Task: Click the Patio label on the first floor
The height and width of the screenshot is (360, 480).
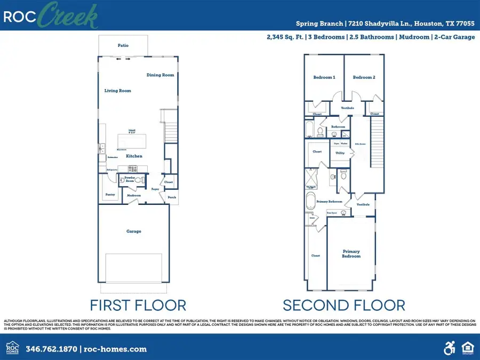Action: click(123, 46)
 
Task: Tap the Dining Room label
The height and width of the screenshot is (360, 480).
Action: click(161, 75)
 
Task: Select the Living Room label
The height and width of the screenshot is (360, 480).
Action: click(118, 91)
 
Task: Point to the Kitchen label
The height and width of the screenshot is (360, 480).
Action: click(134, 156)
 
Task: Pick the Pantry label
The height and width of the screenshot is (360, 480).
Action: click(110, 195)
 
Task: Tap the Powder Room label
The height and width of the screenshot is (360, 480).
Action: click(130, 179)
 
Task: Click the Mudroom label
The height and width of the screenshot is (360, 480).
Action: click(133, 196)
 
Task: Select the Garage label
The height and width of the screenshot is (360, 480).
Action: click(133, 231)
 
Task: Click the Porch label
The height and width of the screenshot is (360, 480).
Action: click(172, 197)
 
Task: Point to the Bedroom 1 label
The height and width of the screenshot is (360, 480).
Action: click(324, 77)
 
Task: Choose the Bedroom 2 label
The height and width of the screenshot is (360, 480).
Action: click(364, 77)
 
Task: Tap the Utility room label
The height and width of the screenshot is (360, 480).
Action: click(340, 153)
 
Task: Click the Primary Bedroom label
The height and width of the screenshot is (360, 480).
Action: click(351, 253)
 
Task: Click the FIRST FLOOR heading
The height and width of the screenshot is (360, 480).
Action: click(138, 305)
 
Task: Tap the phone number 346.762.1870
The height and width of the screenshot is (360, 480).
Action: click(51, 349)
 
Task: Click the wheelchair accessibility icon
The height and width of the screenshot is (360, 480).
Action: click(449, 349)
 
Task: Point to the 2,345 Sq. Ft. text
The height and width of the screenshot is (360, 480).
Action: click(285, 37)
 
